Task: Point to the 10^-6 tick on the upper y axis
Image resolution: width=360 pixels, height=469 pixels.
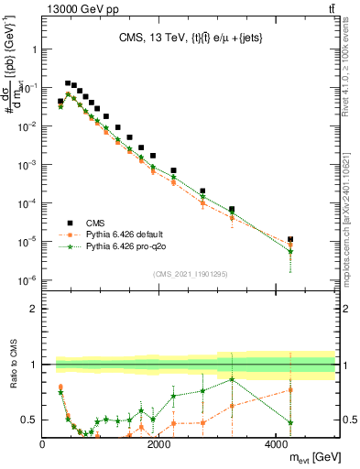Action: point(27,280)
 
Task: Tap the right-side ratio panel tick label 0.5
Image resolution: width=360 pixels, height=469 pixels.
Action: point(348,420)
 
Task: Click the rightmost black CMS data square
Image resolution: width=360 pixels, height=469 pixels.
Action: point(289,239)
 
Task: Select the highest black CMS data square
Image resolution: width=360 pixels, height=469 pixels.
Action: point(68,82)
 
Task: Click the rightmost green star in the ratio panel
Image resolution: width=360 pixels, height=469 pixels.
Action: point(289,422)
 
